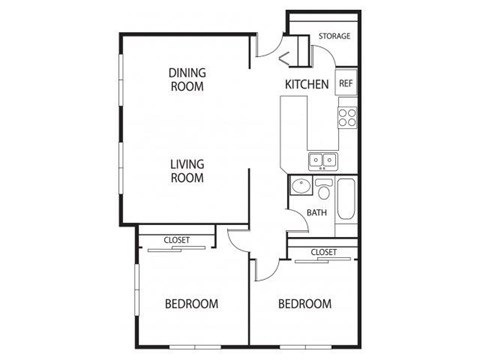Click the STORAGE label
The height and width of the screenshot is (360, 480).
(334, 37)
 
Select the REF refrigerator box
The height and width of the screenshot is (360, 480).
(345, 84)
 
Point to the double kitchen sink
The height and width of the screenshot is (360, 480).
(322, 158)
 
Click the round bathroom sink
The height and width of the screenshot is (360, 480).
(298, 186)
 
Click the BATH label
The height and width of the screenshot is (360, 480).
(316, 212)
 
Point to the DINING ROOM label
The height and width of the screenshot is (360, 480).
(186, 79)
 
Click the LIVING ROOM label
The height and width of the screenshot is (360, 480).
(186, 171)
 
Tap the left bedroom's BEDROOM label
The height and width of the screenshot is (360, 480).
(191, 304)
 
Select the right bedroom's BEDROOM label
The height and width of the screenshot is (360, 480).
(304, 304)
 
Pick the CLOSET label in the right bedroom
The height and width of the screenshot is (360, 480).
(322, 252)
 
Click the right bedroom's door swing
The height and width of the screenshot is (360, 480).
(266, 266)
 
